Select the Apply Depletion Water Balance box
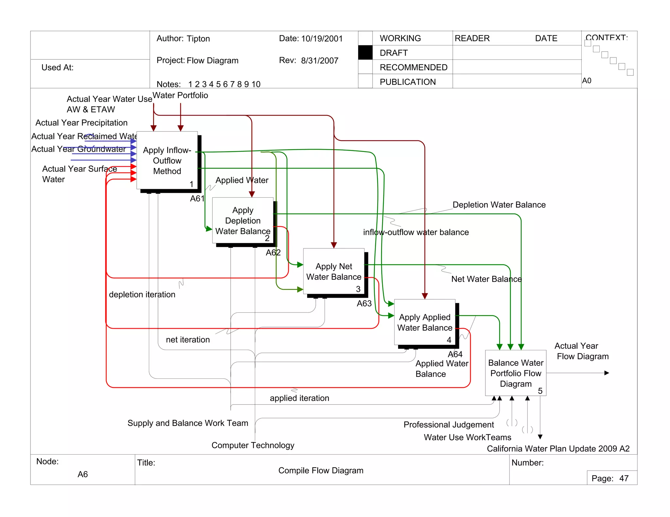pos(243,220)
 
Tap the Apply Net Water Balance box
pos(334,271)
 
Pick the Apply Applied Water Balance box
pos(425,322)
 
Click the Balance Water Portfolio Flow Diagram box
pos(516,373)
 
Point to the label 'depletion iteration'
pos(142,294)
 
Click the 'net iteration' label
pos(188,340)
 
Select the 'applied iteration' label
pos(299,398)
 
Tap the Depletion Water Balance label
pos(499,205)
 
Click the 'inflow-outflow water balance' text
pos(416,232)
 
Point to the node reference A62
pos(273,252)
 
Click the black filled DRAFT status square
pos(365,53)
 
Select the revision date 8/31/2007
pos(320,60)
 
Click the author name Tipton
pos(198,39)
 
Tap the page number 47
pos(624,478)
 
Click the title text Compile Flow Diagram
pos(321,470)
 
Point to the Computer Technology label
pos(253,445)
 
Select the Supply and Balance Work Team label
pos(188,423)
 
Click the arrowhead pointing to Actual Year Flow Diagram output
pos(607,373)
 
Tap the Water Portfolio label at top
pos(180,95)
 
